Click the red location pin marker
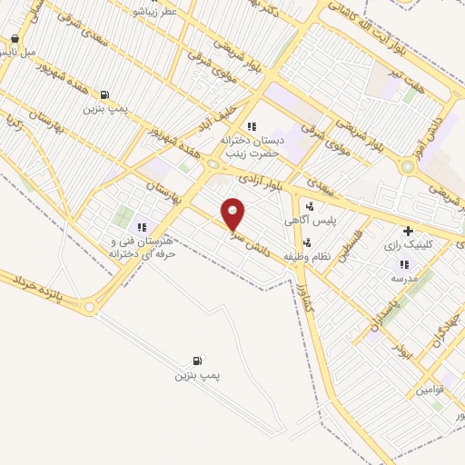tap(233, 213)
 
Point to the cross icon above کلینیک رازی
tap(408, 231)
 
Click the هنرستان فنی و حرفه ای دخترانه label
tap(141, 248)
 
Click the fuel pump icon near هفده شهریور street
tap(104, 94)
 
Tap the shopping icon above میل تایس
tap(15, 39)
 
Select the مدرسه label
tap(403, 279)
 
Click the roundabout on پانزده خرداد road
tap(89, 309)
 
